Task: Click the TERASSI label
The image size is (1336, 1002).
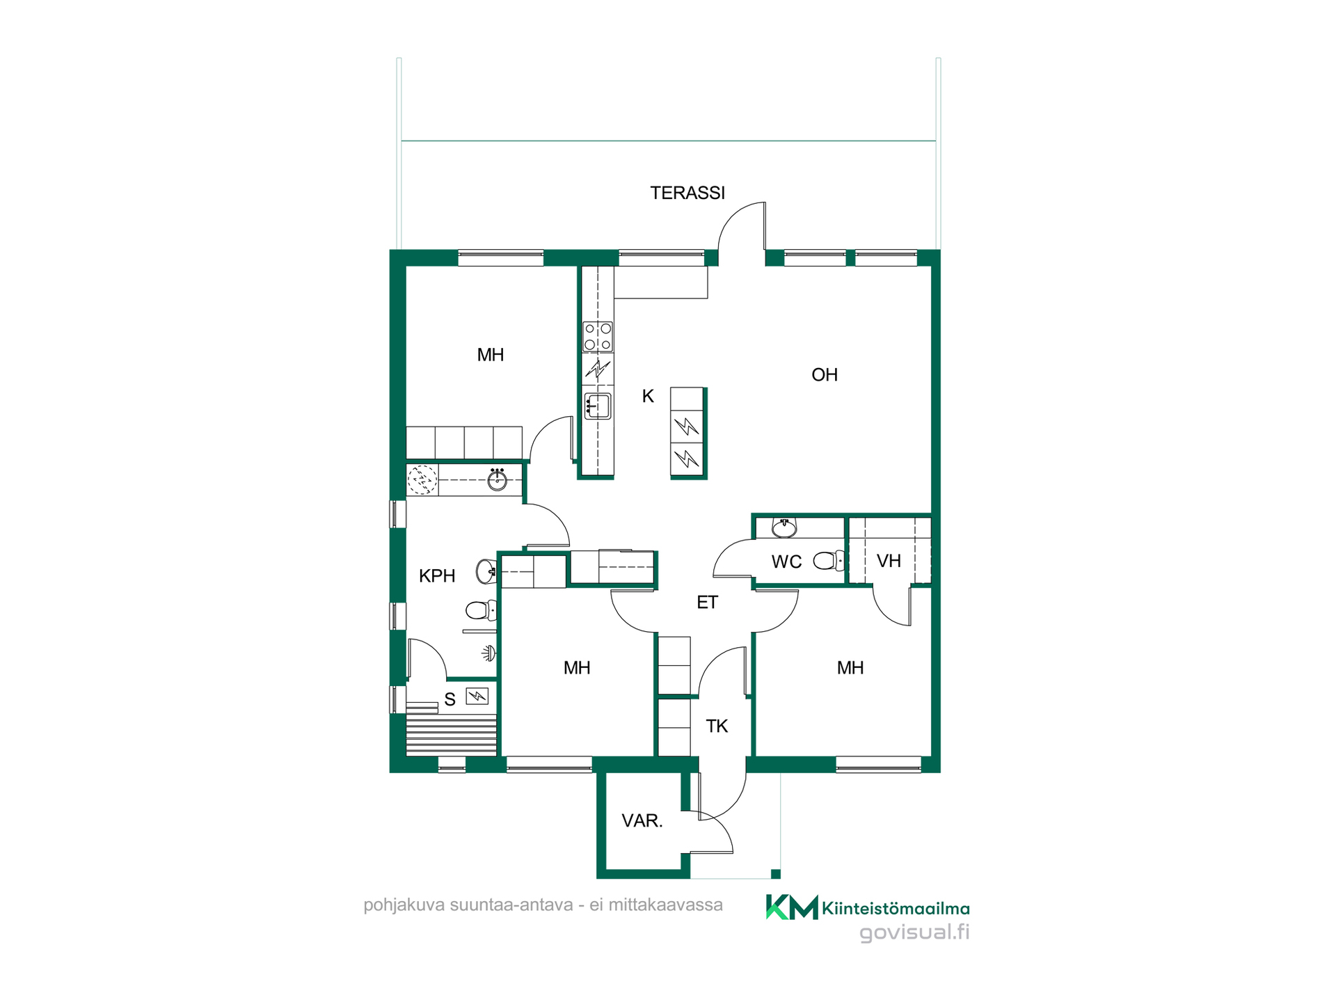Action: [x=687, y=193]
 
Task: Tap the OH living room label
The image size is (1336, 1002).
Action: [x=825, y=375]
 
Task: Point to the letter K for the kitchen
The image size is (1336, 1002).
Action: [x=648, y=397]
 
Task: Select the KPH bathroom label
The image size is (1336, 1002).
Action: [x=437, y=576]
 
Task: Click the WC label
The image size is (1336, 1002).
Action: [x=786, y=562]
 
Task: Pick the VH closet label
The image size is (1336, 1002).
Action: [x=889, y=562]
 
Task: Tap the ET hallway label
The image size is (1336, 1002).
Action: [x=707, y=603]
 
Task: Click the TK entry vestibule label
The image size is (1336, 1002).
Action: [x=717, y=726]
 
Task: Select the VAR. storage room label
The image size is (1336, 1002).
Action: [x=642, y=821]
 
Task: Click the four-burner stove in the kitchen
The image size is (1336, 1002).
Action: [x=598, y=336]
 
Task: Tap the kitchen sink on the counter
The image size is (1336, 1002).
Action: [x=598, y=406]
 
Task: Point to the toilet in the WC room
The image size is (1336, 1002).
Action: [x=829, y=560]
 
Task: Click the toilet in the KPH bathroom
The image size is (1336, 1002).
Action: [x=481, y=611]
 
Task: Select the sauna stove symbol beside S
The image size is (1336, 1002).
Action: [x=477, y=695]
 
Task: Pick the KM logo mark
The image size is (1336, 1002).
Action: [x=792, y=907]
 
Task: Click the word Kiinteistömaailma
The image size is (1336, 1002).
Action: [x=896, y=908]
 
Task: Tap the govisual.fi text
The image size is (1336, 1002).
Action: [x=914, y=932]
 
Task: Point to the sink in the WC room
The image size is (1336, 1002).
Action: [x=784, y=528]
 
